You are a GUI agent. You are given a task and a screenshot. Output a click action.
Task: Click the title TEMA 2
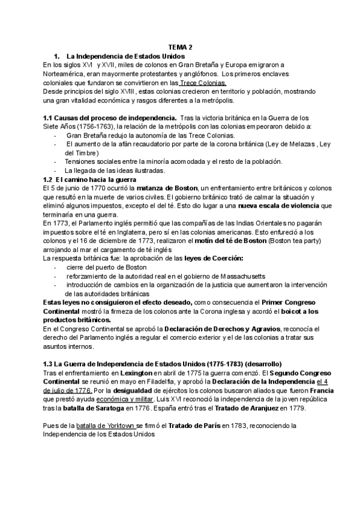[x=180, y=46]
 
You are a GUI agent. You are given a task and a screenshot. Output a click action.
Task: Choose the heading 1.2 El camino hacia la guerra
[x=90, y=179]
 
